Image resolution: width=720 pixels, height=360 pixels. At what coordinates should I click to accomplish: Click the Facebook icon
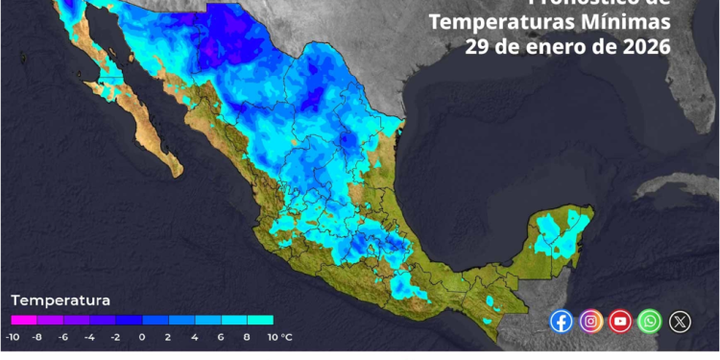562,322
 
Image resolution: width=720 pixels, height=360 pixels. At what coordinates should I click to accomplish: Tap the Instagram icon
591,322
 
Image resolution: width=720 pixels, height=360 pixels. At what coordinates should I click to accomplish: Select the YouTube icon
620,322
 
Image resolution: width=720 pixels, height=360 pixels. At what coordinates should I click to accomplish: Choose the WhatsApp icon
650,322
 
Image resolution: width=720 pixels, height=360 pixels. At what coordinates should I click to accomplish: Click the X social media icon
680,322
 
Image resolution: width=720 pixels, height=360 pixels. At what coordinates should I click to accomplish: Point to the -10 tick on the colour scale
12,337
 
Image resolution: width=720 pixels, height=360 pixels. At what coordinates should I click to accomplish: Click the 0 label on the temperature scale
142,337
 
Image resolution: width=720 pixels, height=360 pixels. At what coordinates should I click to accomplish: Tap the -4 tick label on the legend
89,337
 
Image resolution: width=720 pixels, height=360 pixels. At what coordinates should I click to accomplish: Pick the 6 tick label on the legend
221,337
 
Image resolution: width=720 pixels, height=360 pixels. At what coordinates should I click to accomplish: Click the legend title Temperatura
60,300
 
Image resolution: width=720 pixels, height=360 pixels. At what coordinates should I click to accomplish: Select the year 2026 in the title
640,46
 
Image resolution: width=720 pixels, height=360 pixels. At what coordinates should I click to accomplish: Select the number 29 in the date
478,46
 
